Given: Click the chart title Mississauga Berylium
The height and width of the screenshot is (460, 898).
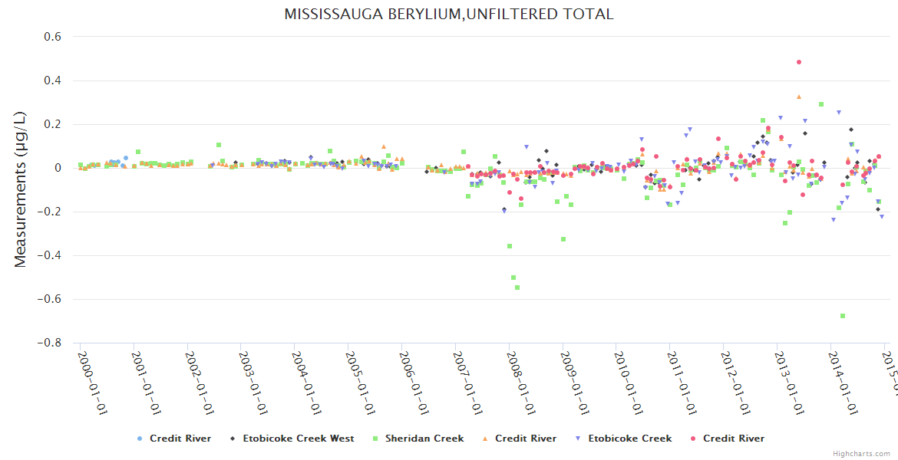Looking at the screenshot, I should pos(449,15).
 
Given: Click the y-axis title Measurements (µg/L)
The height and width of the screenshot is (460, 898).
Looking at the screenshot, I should pos(21,189).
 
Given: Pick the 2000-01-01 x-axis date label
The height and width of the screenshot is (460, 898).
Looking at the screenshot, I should pos(91,372).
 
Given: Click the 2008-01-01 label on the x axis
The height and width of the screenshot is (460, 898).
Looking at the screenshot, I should pos(520,372).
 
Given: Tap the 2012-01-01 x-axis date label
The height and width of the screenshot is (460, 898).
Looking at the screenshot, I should pos(735,372).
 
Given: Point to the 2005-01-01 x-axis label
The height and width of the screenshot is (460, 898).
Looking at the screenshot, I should pos(359,372).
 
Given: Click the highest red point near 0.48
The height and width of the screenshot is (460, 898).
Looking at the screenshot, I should pos(799,62).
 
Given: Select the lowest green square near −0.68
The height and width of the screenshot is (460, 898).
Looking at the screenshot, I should pos(843,316).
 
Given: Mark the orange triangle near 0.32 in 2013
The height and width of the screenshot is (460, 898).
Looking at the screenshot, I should pos(799,97).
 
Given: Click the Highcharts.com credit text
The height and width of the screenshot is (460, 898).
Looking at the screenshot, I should pos(861,454).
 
